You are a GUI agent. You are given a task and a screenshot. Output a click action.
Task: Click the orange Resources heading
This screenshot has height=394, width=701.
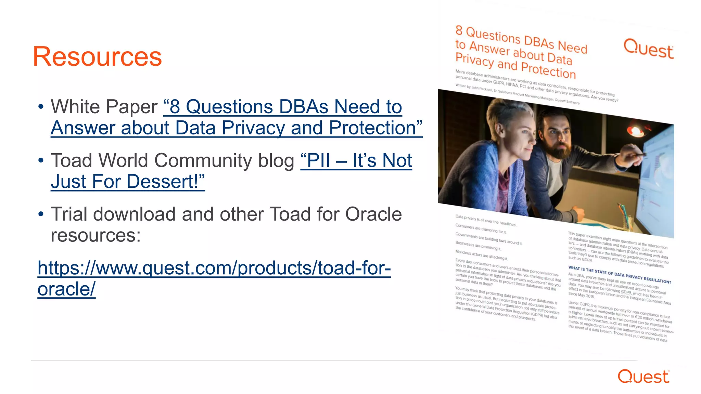97,57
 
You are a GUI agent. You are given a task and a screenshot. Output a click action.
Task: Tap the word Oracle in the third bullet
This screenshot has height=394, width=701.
373,214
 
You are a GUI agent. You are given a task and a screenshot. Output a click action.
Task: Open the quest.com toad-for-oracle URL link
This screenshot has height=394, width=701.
214,268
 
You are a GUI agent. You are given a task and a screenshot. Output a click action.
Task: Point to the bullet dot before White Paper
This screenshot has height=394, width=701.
41,107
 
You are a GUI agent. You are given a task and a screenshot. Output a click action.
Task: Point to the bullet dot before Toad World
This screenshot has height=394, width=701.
41,160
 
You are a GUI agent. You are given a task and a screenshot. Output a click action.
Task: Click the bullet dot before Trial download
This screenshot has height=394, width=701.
41,214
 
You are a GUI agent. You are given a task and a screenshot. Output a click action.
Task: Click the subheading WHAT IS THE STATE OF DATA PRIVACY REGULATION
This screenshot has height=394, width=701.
619,275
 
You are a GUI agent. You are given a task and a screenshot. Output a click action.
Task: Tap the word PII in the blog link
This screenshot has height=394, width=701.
318,160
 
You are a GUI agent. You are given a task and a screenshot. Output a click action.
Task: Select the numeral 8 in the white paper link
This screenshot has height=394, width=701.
175,107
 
